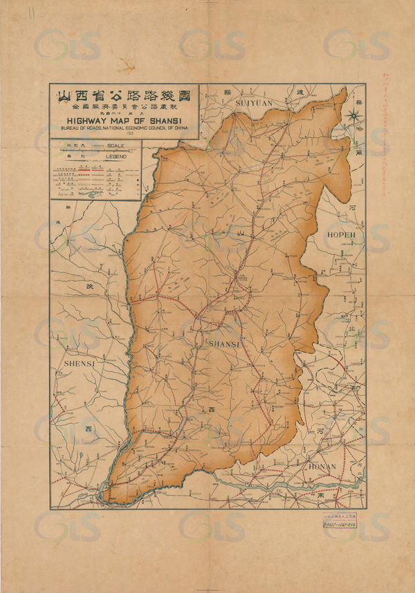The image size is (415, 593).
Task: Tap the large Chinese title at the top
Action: [123, 94]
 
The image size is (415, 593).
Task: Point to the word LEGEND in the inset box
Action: [116, 158]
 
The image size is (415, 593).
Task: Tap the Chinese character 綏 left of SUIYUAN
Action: [227, 91]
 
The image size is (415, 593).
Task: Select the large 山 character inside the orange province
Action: [240, 236]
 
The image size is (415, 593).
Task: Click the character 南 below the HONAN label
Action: [320, 496]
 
